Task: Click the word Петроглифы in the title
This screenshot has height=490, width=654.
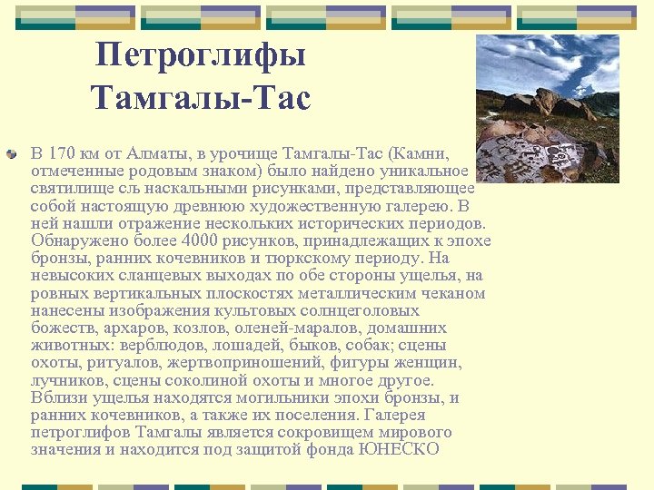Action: (x=201, y=56)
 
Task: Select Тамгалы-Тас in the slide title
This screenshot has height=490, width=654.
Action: (x=201, y=97)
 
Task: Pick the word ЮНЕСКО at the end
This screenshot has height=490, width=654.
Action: (x=400, y=449)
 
